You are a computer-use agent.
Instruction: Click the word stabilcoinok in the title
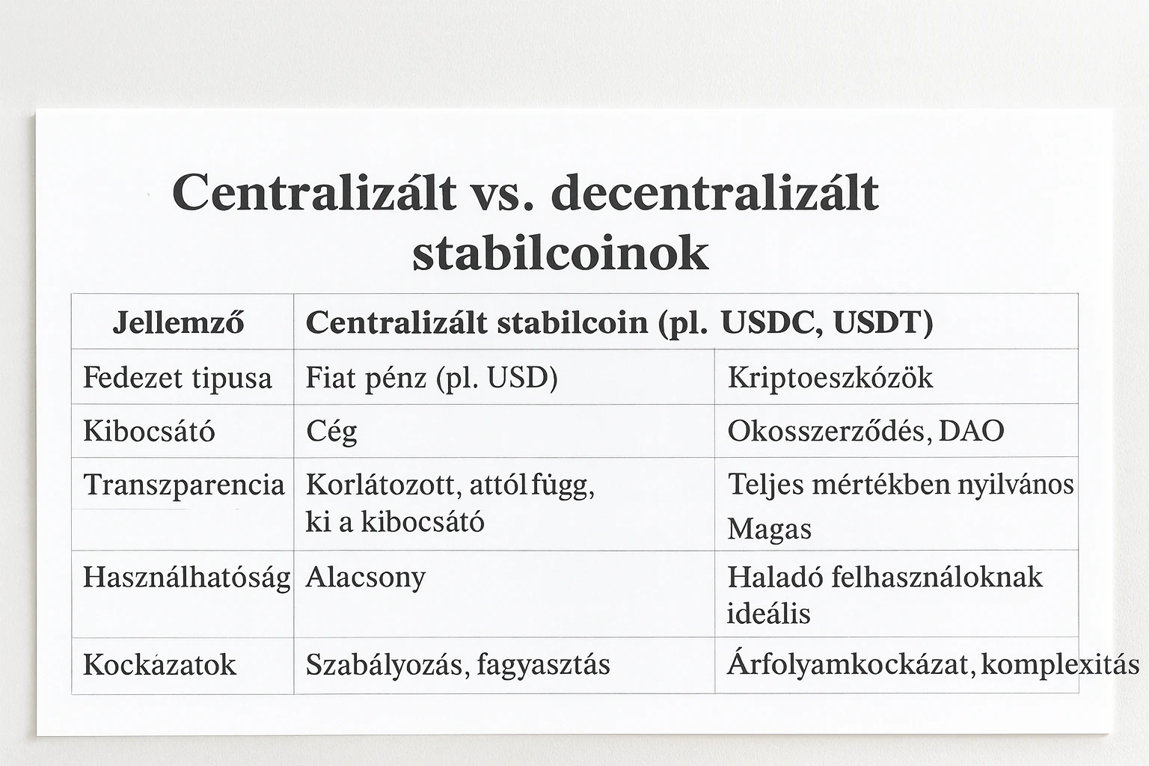tap(560, 254)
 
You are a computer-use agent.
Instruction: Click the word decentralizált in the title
tap(714, 193)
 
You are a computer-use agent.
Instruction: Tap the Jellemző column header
tap(178, 322)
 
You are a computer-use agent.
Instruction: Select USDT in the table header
tap(883, 322)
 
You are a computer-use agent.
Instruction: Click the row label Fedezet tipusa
tap(177, 378)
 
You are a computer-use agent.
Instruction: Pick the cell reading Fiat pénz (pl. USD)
tap(432, 378)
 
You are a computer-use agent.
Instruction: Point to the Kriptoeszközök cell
tap(830, 378)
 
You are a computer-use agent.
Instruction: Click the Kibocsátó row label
tap(149, 431)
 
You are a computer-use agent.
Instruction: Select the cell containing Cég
tap(331, 432)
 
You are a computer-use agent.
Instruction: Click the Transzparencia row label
tap(183, 485)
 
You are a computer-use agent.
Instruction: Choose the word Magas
tap(769, 530)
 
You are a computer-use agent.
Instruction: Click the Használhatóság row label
tap(186, 577)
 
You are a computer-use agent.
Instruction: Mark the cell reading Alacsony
tap(365, 577)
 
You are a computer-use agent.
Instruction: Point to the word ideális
tap(768, 613)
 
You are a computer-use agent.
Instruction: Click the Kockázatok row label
tap(159, 664)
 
